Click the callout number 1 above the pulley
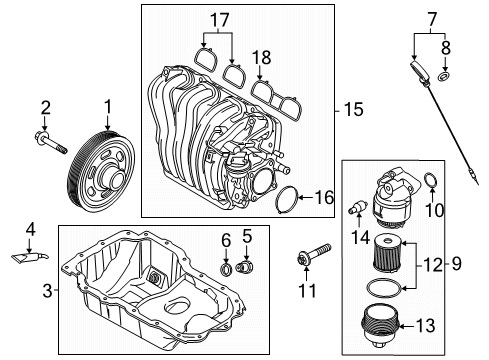[x=108, y=108]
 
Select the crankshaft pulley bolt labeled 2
[x=51, y=143]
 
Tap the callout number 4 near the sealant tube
[x=30, y=230]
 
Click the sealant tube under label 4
[x=30, y=257]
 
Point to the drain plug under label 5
[x=244, y=267]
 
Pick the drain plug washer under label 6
[x=226, y=269]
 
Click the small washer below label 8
[x=444, y=77]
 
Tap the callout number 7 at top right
[x=432, y=20]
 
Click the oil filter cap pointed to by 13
[x=380, y=327]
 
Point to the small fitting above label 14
[x=358, y=208]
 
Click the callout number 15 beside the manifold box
[x=353, y=110]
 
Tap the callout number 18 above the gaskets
[x=262, y=58]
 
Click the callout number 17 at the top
[x=220, y=20]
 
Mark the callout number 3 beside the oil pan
[x=48, y=291]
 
